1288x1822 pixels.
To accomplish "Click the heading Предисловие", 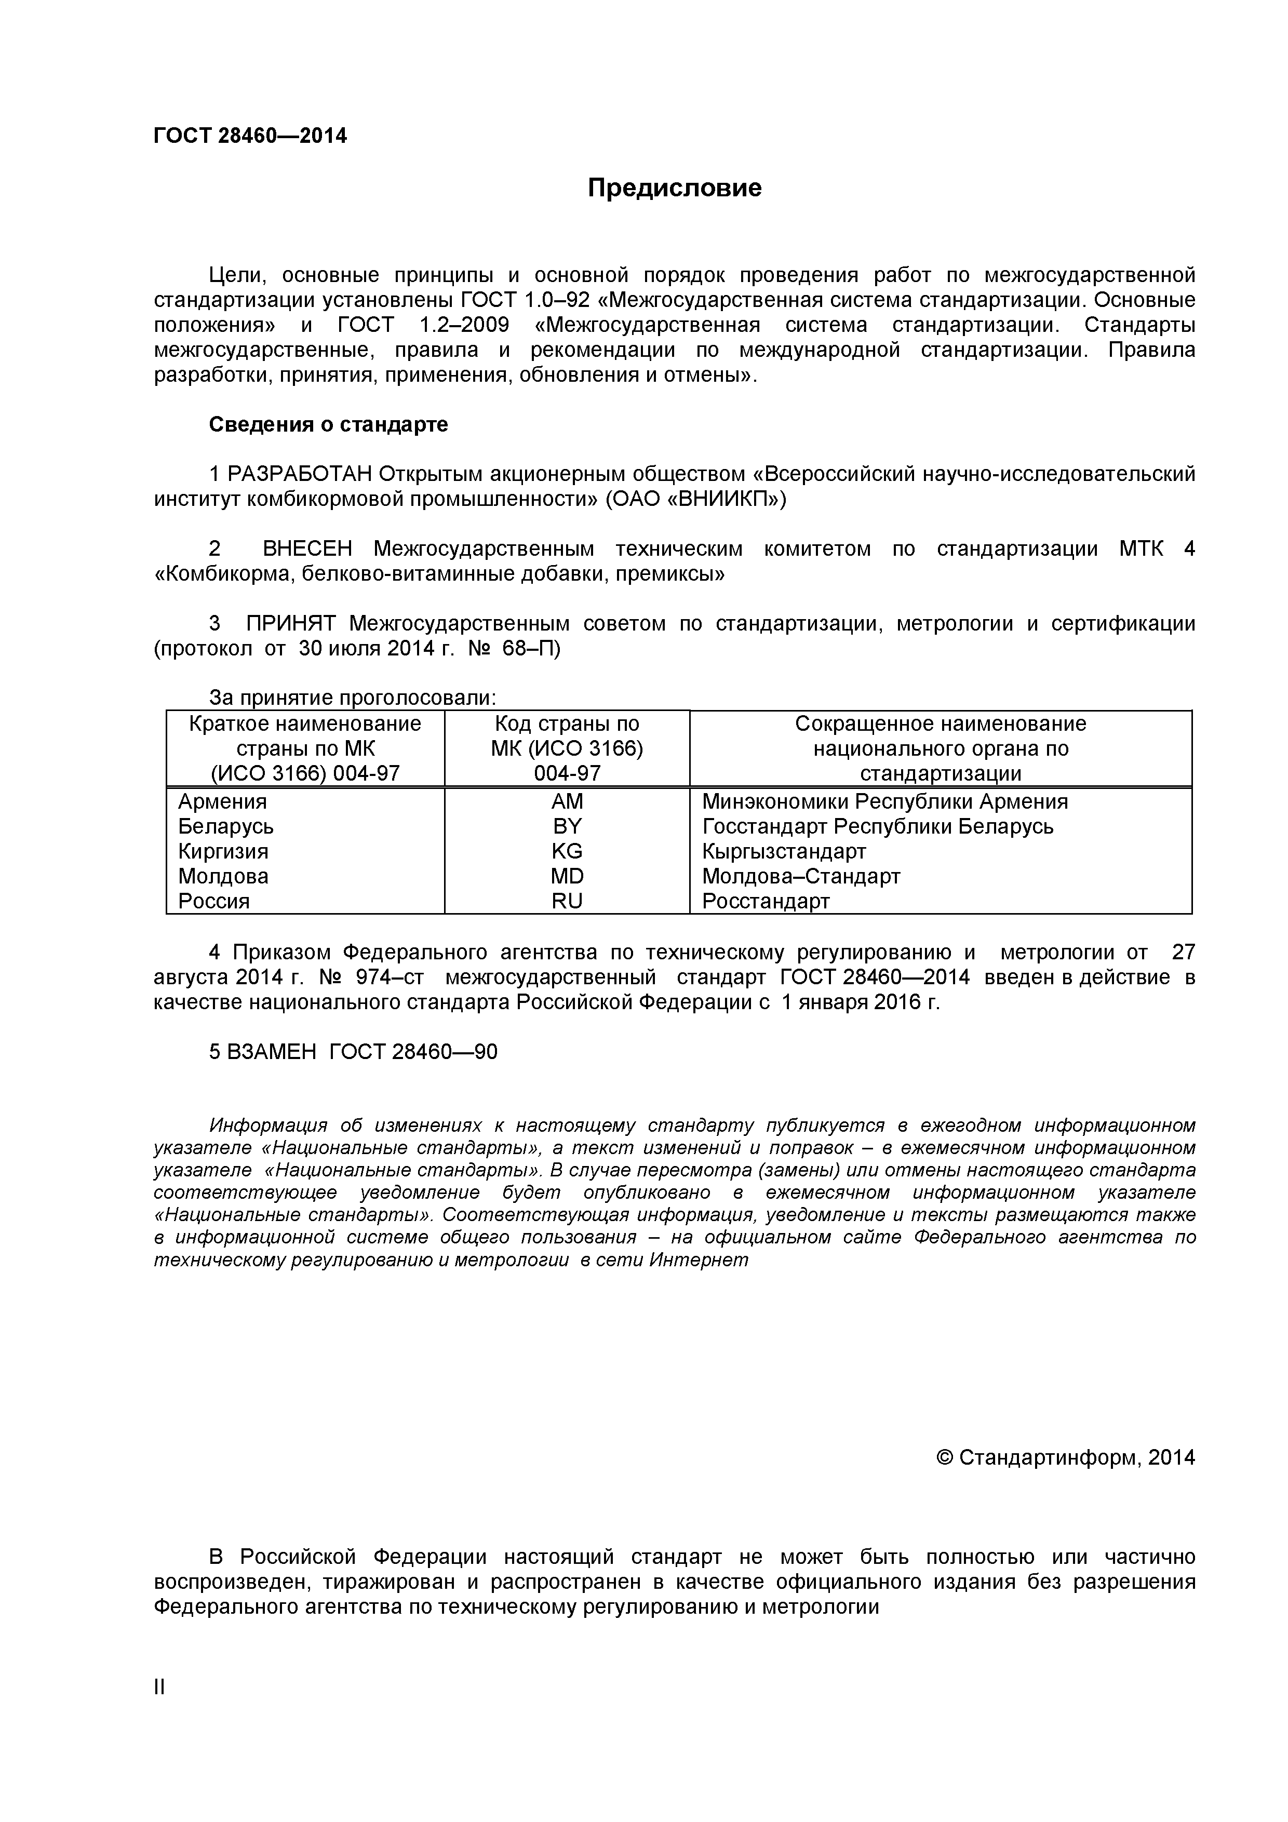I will [x=675, y=188].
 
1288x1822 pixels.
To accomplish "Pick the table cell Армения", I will [x=222, y=801].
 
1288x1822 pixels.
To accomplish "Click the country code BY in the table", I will [x=567, y=826].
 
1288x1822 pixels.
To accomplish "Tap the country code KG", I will [x=567, y=851].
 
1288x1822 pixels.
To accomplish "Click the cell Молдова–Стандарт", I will [x=801, y=876].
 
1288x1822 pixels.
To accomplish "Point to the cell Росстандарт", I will [x=766, y=902].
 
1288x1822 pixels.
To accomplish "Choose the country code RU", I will [x=567, y=902].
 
